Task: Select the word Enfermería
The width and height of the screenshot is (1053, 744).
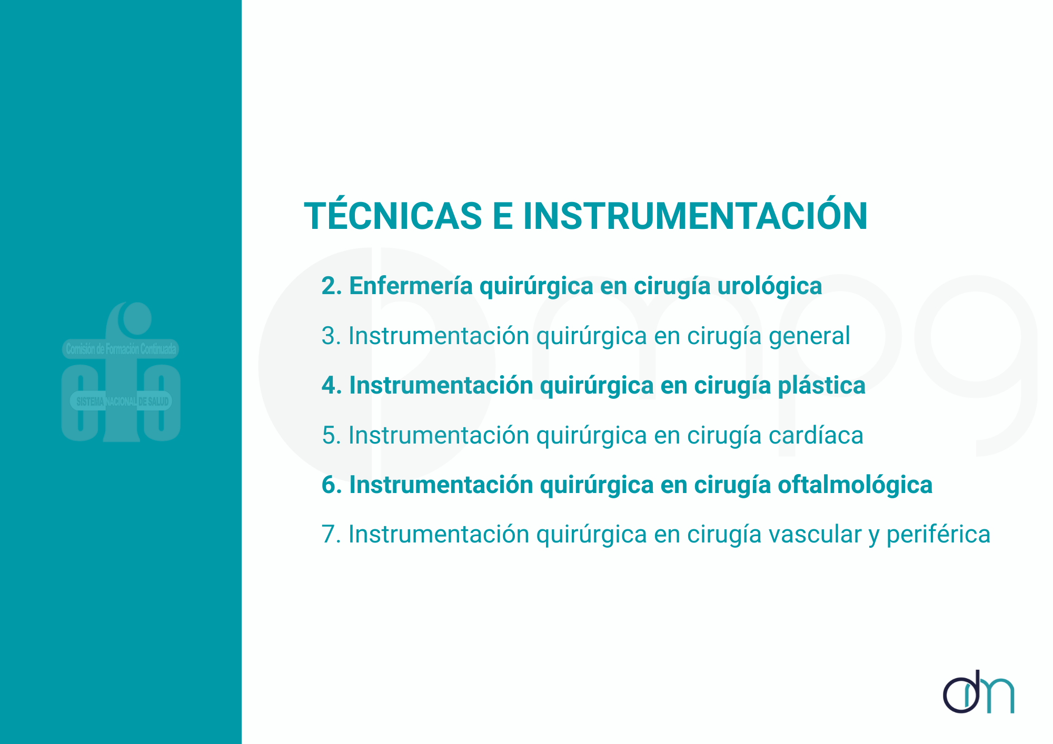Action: pos(411,286)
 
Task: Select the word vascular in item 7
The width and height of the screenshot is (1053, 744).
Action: pos(815,535)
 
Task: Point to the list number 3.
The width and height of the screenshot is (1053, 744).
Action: pos(331,336)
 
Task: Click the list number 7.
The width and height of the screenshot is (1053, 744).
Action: pos(331,535)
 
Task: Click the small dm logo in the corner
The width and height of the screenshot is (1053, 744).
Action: pos(978,692)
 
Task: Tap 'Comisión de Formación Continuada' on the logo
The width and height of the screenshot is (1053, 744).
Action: pos(121,349)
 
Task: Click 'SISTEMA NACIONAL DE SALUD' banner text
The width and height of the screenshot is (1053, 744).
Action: pos(123,402)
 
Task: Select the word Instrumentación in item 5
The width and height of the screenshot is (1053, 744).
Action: pos(439,435)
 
